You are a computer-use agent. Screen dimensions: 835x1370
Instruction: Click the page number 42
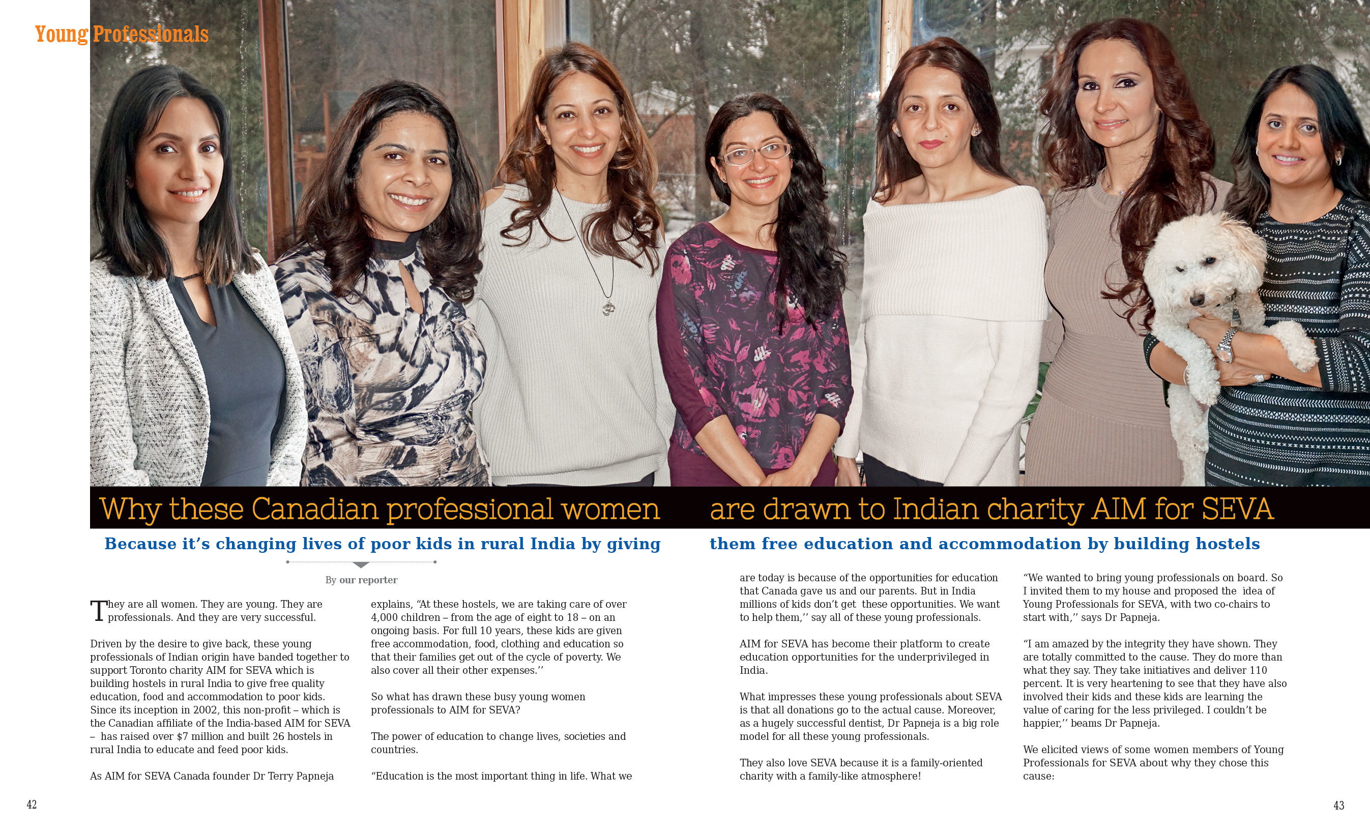32,804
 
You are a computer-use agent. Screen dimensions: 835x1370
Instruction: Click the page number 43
1339,805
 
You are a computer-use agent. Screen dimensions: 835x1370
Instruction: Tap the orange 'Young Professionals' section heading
122,34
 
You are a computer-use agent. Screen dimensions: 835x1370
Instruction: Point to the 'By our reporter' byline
361,580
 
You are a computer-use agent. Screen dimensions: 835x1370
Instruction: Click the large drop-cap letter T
98,610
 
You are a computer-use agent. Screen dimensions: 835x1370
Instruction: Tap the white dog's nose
1196,301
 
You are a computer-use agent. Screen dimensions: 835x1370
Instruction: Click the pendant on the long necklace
609,307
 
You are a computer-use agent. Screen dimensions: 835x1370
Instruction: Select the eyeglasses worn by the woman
755,153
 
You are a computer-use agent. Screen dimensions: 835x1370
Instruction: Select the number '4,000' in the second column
384,617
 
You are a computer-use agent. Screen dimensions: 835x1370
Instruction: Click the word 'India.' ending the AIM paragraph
753,670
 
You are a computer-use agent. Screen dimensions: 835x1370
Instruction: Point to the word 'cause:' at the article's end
1038,776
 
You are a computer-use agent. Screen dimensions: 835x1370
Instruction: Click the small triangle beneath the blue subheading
361,565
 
